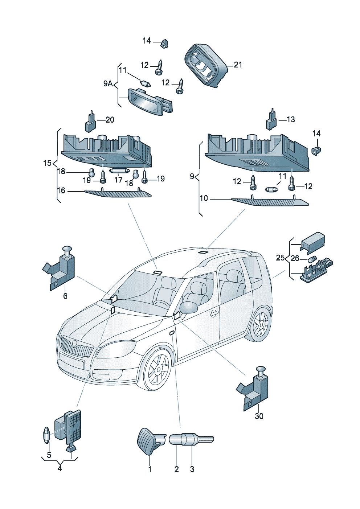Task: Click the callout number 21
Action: coord(238,65)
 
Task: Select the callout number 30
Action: coord(259,416)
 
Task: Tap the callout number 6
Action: coord(65,296)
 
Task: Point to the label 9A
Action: coord(108,84)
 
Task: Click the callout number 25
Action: coord(280,258)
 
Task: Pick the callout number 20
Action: coord(110,120)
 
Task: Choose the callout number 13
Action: coord(291,119)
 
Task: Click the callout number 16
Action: coord(61,190)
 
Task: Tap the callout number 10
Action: coord(204,198)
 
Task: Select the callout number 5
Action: coord(49,455)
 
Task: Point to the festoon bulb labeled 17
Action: coord(119,170)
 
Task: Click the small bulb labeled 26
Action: coord(311,259)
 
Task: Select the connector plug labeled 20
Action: coord(90,123)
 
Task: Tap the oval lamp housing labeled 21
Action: coord(205,65)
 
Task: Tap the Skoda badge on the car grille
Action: coord(74,343)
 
